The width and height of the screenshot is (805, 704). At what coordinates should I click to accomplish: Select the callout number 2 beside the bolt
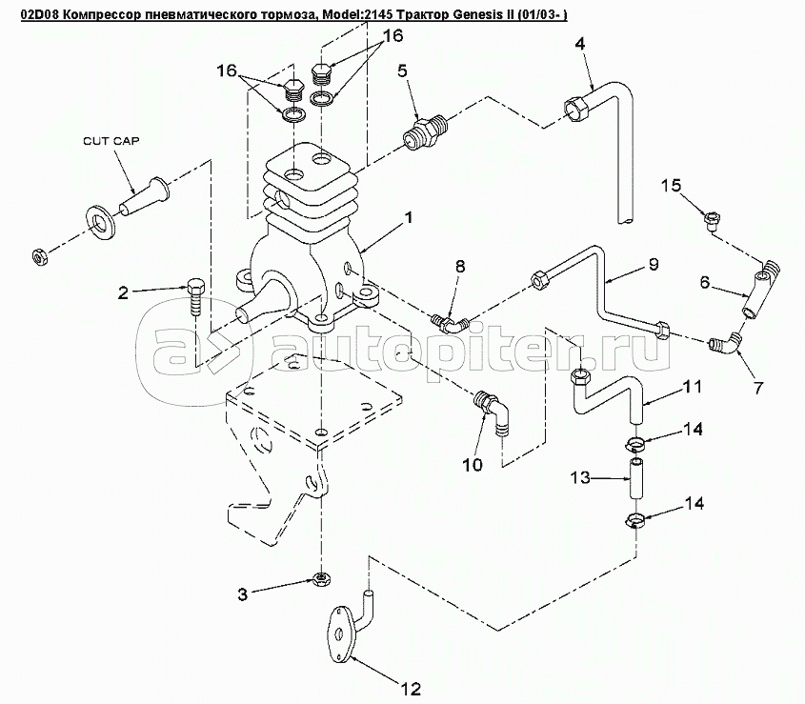point(124,292)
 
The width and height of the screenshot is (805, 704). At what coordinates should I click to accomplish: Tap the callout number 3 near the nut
point(244,594)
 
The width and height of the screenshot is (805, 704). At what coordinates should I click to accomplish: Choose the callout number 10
point(473,465)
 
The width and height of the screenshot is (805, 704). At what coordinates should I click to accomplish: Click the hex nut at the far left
point(40,255)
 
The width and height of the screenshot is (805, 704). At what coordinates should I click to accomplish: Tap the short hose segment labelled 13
point(634,478)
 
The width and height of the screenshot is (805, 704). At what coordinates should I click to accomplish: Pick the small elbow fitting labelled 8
point(447,321)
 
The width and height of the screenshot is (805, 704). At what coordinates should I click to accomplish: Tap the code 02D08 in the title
point(26,11)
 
